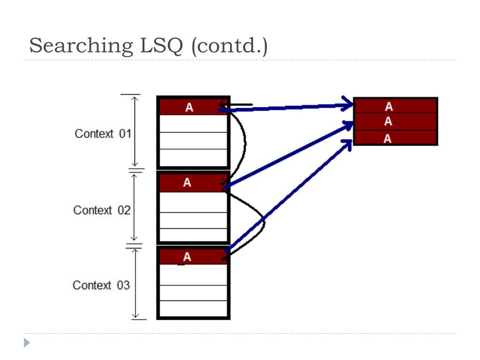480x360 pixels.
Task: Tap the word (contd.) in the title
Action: [229, 46]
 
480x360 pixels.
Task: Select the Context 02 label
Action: [102, 210]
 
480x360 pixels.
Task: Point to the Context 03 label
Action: [101, 285]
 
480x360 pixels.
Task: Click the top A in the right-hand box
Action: [389, 106]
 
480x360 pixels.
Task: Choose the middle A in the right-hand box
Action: [389, 121]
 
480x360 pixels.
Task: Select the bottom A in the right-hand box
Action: [388, 138]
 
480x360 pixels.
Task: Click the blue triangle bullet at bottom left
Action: [27, 343]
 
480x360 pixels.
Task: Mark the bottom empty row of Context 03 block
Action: [193, 308]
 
